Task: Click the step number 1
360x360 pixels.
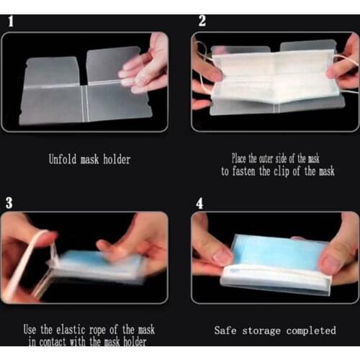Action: tap(9, 21)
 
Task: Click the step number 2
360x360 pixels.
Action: tap(202, 21)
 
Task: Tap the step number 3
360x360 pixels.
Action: tap(9, 203)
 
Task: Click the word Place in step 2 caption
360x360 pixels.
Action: tap(240, 158)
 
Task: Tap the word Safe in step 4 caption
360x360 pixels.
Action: tap(227, 330)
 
